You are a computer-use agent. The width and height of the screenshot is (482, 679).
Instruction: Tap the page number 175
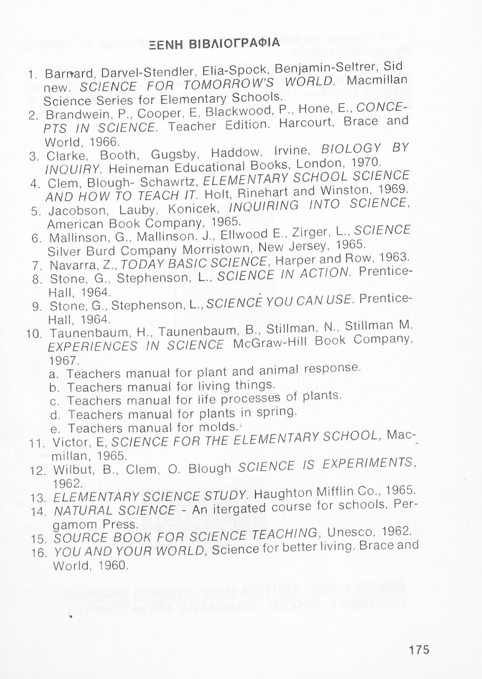pyautogui.click(x=418, y=650)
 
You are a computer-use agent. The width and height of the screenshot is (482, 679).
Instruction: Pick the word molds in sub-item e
pyautogui.click(x=217, y=427)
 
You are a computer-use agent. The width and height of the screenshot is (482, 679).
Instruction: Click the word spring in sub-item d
pyautogui.click(x=276, y=412)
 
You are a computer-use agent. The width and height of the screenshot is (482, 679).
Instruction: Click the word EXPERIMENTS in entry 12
pyautogui.click(x=369, y=464)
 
